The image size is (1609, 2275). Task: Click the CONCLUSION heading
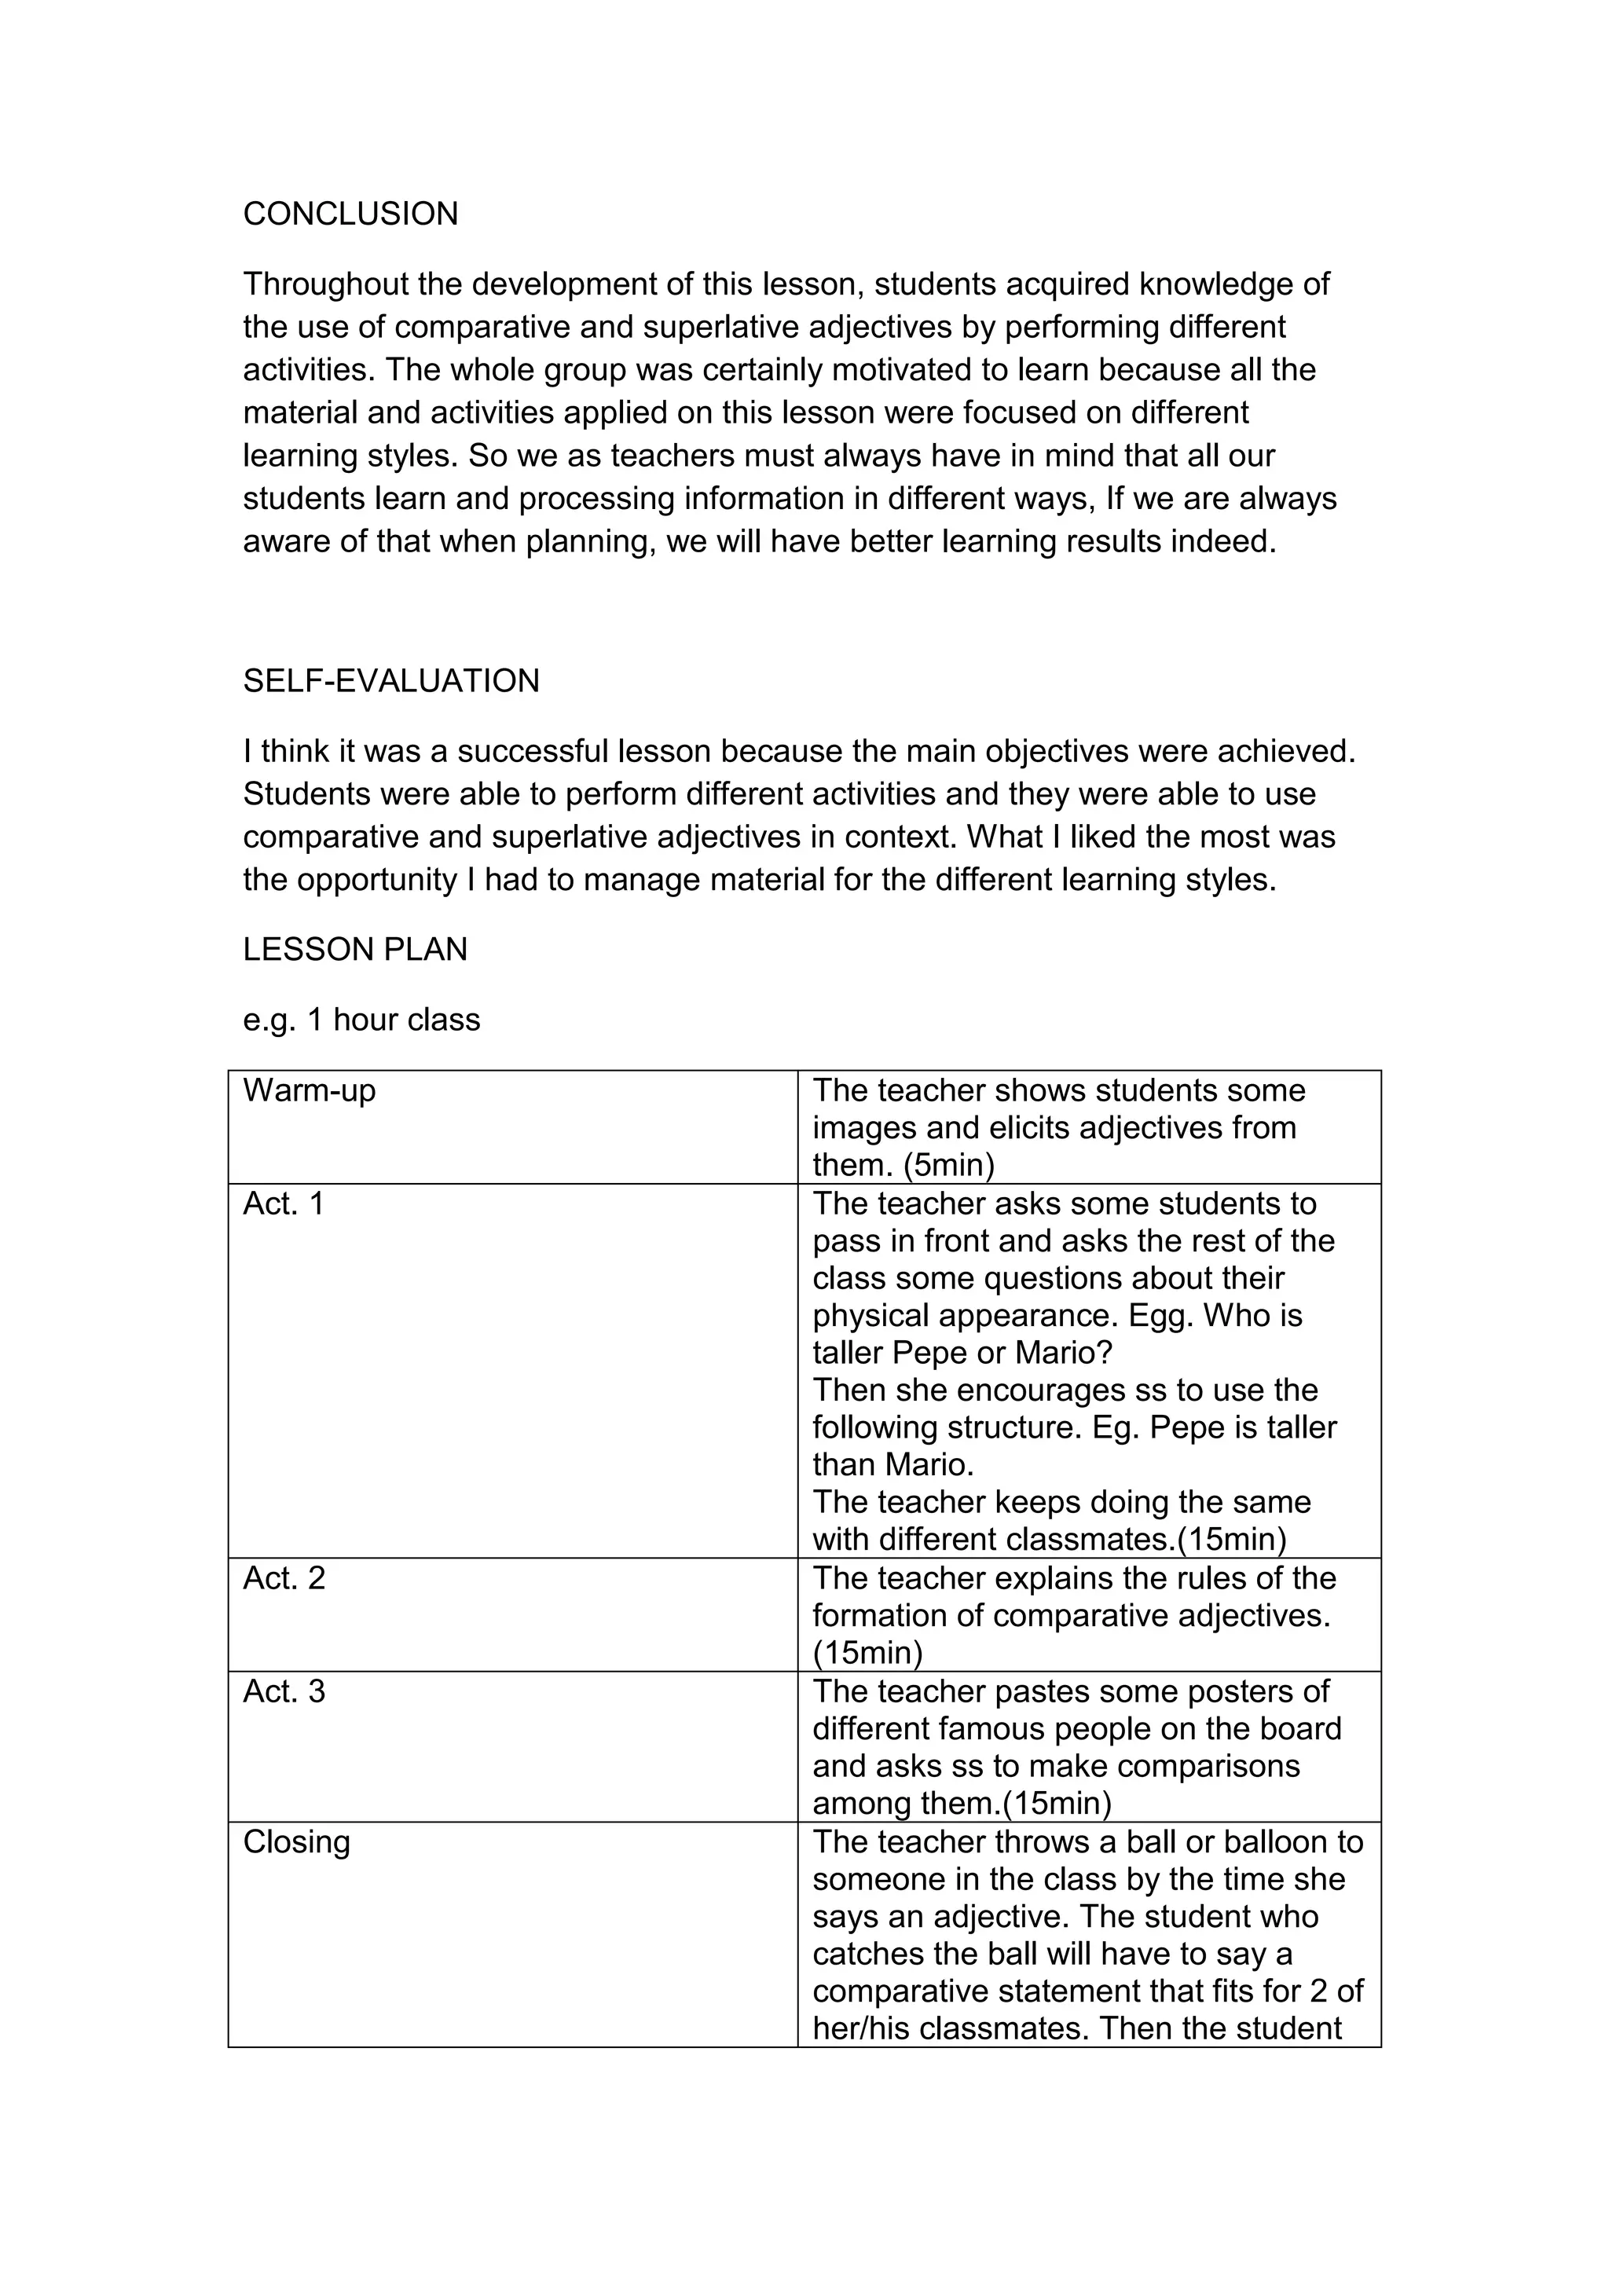[350, 214]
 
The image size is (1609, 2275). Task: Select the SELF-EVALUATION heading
[391, 681]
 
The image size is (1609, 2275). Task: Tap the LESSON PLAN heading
[354, 949]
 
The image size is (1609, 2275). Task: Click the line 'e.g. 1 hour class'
[361, 1020]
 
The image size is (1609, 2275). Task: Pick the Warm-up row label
[309, 1090]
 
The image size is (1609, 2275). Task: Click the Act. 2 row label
[284, 1577]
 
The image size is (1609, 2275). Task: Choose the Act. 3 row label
[284, 1691]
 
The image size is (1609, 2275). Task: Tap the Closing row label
[296, 1842]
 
